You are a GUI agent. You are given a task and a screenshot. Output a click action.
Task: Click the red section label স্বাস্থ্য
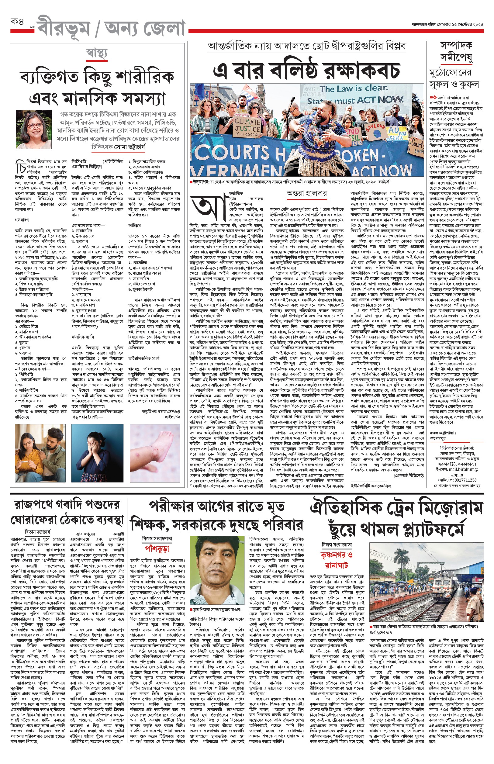97,53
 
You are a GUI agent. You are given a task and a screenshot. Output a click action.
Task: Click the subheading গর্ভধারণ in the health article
22,220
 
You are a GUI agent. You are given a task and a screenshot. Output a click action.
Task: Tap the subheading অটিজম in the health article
135,225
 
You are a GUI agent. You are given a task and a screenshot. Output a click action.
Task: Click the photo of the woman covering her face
97,453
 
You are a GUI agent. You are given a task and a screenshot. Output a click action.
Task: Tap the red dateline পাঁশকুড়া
157,549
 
